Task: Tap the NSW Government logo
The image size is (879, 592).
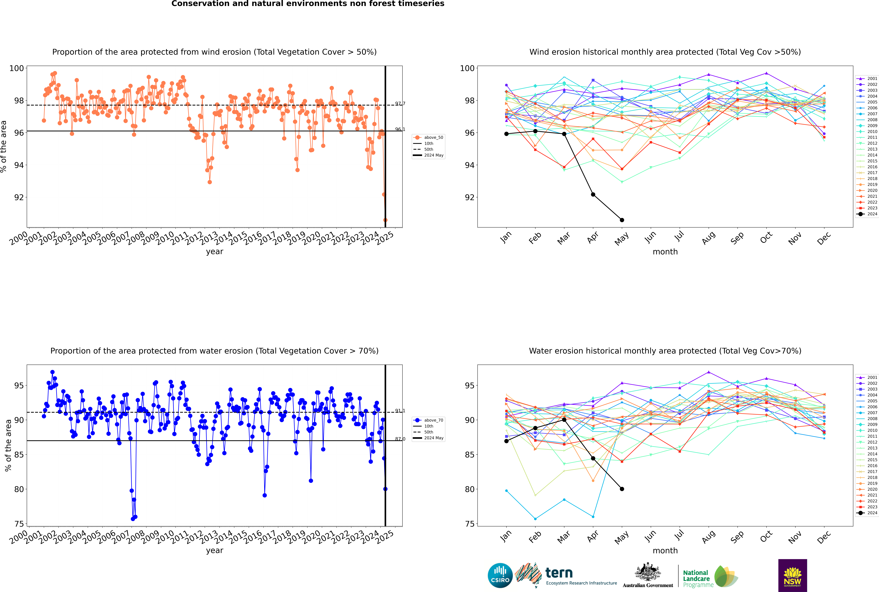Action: pos(792,575)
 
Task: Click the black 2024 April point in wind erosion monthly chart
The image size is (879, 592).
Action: pos(593,194)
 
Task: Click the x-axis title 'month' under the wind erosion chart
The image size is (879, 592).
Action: pos(665,252)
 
